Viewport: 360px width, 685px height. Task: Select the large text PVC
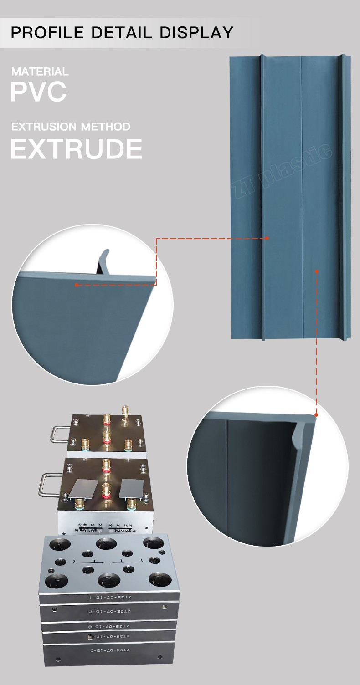click(38, 92)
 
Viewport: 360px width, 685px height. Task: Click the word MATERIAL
click(40, 72)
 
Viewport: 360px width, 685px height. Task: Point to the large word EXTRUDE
click(76, 149)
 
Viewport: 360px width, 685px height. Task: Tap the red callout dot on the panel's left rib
click(267, 238)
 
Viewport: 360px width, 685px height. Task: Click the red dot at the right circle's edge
click(316, 415)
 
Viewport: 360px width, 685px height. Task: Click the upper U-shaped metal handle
click(59, 433)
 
